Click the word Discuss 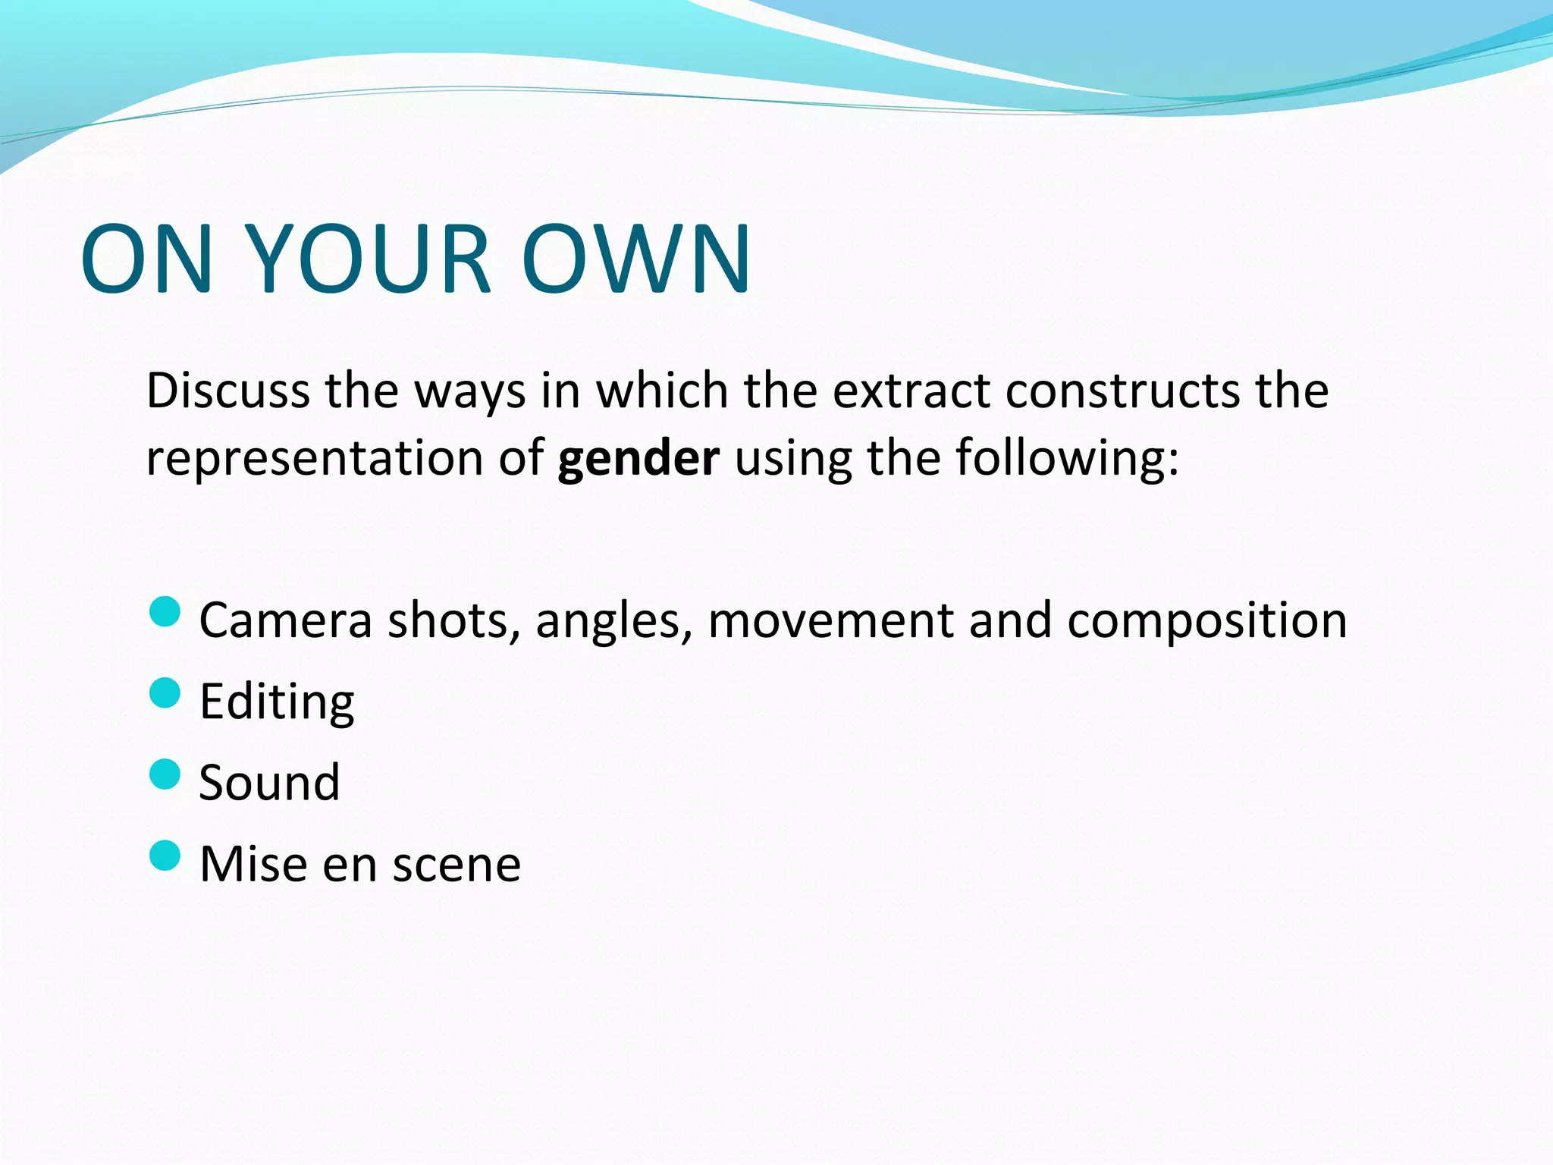pos(227,391)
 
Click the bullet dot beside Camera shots pos(165,611)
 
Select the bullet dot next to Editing pos(165,692)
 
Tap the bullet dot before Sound pos(165,774)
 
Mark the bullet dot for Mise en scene pos(165,856)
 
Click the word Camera pos(285,620)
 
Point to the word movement pos(830,620)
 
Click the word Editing pos(277,703)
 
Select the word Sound pos(269,783)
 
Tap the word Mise pos(253,864)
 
